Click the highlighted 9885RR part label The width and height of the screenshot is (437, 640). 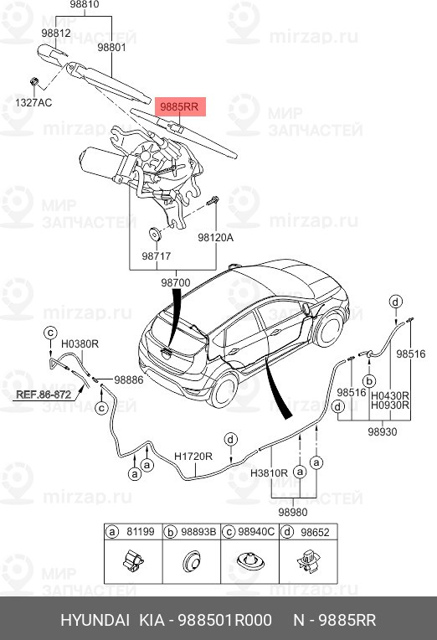178,106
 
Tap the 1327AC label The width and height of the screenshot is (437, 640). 34,102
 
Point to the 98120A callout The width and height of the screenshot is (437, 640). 215,237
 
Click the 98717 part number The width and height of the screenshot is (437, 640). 156,255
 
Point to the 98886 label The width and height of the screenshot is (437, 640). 130,379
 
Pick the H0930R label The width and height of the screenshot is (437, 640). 389,405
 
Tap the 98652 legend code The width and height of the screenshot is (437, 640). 314,531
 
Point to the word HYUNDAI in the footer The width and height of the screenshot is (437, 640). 95,620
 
